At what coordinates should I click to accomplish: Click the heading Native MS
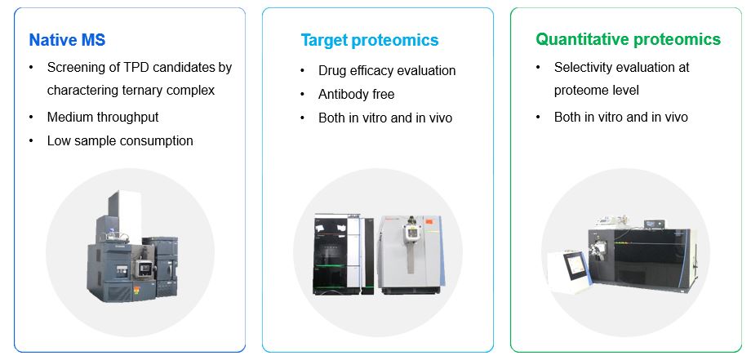click(x=67, y=40)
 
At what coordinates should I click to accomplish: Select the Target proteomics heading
click(x=369, y=40)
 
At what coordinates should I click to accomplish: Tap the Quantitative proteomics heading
click(x=628, y=39)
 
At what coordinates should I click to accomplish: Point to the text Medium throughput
click(x=103, y=117)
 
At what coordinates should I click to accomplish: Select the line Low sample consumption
click(x=120, y=140)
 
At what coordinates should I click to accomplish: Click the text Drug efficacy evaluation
click(x=386, y=71)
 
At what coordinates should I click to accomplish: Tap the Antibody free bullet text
click(x=357, y=95)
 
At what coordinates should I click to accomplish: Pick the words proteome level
click(x=596, y=91)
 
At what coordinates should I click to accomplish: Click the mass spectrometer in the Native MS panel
click(x=131, y=247)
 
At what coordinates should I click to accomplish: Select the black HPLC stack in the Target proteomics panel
click(x=343, y=254)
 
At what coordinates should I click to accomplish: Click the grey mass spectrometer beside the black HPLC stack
click(x=411, y=255)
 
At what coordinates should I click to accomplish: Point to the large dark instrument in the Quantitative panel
click(x=642, y=258)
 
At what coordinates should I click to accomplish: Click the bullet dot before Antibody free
click(x=302, y=95)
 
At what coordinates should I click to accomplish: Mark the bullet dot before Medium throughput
click(x=31, y=117)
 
